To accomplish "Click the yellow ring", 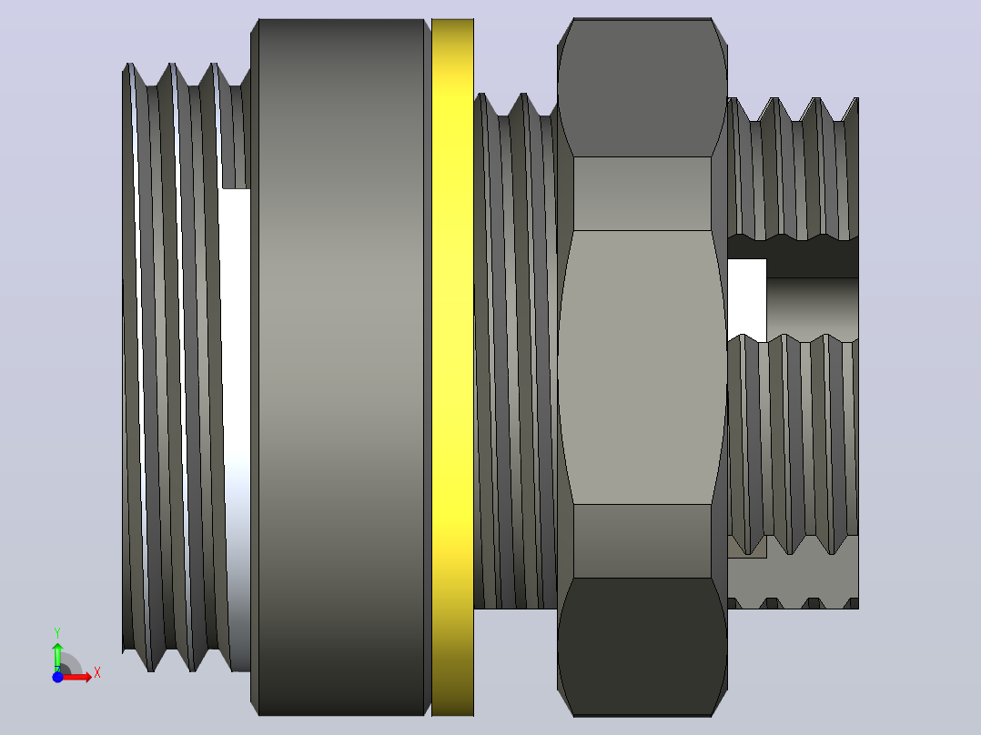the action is click(x=452, y=367).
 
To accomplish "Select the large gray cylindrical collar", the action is click(x=341, y=367).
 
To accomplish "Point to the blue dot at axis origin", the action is click(x=57, y=677).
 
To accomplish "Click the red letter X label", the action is click(x=97, y=673).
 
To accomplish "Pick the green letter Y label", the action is click(x=57, y=634).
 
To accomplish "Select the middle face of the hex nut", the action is click(x=642, y=367).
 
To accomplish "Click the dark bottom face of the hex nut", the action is click(x=642, y=647).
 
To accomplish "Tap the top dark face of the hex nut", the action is click(x=642, y=87).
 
